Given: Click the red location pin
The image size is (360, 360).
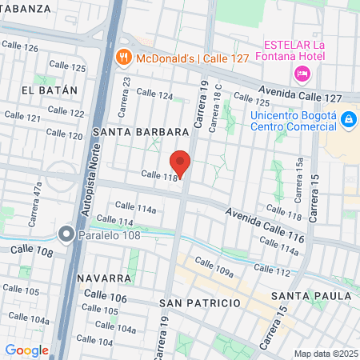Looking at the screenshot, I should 180,162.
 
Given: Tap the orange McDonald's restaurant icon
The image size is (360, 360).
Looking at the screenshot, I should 122,57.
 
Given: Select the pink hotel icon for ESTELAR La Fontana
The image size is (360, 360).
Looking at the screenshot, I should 302,74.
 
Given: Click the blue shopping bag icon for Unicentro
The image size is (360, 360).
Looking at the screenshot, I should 348,120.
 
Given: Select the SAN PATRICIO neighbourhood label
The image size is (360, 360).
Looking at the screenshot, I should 200,304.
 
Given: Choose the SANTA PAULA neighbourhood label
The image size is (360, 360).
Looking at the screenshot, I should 310,296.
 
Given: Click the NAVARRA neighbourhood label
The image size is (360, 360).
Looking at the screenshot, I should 105,278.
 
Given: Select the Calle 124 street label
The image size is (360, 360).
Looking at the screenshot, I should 154,95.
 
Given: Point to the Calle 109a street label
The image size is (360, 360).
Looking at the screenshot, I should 213,268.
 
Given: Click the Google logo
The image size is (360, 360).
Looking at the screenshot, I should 26,350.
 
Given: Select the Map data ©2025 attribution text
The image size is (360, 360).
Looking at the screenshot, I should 325,354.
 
